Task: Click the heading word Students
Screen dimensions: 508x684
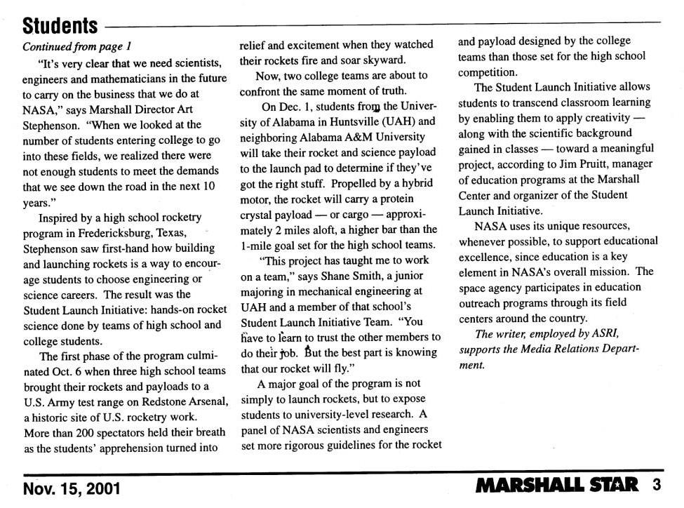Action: point(60,26)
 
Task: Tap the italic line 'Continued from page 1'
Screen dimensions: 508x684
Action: point(78,47)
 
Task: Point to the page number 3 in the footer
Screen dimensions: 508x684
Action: point(657,486)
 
